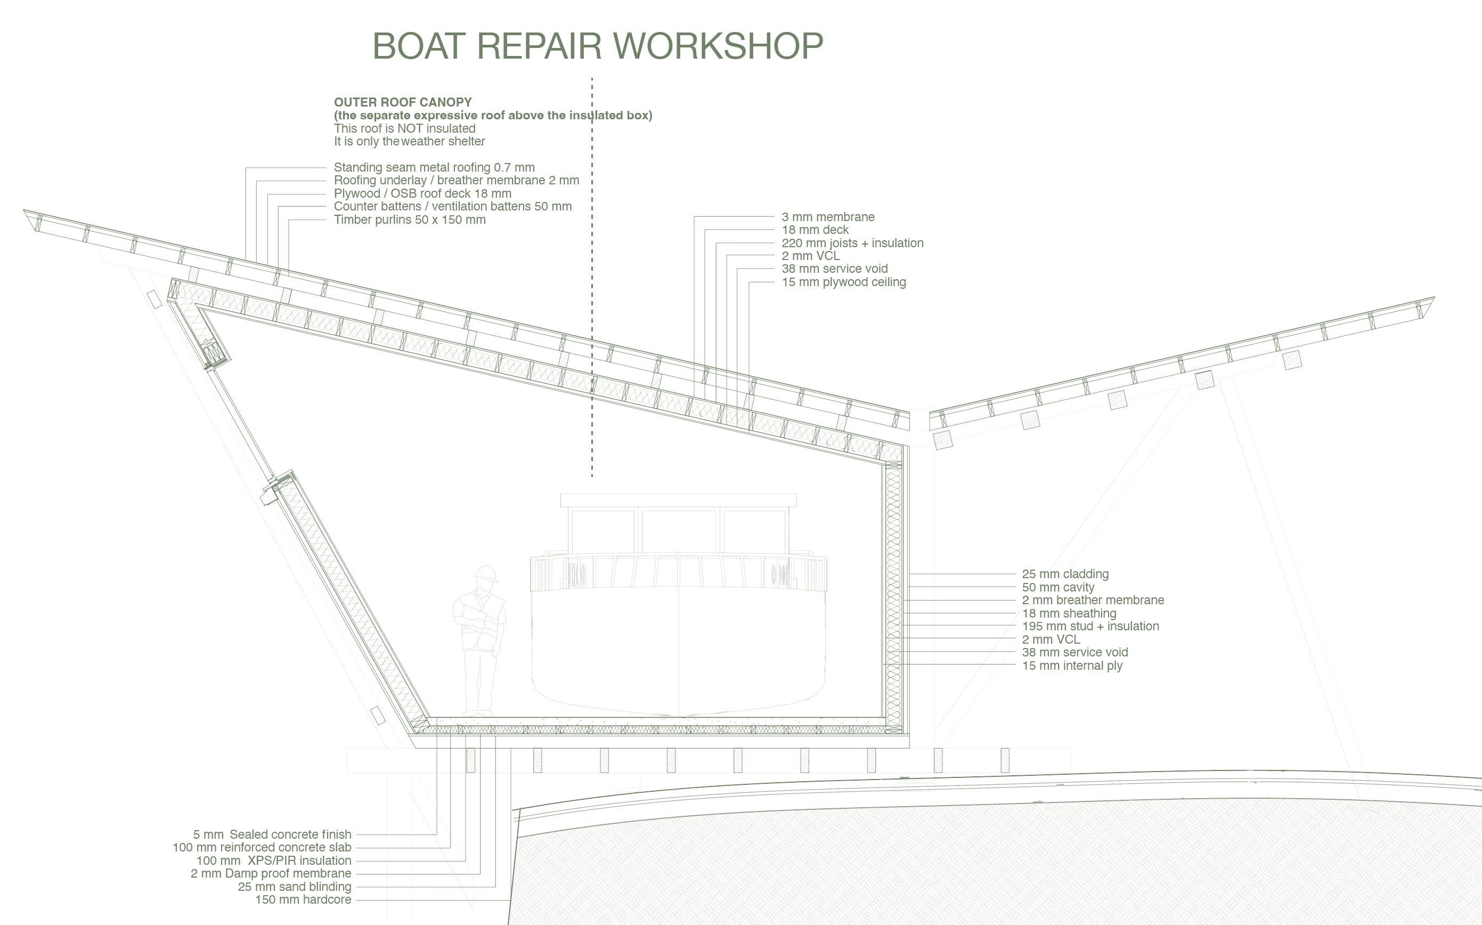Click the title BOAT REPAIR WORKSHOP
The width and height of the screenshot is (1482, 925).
point(598,46)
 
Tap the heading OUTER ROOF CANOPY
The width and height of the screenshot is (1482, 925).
point(402,102)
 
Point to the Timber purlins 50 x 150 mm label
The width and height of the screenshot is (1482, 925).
point(410,220)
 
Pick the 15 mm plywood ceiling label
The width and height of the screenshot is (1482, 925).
point(844,282)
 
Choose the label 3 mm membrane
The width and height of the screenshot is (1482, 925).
point(828,216)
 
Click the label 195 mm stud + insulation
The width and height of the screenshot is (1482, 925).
point(1090,626)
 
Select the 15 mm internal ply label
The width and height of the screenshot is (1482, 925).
point(1072,666)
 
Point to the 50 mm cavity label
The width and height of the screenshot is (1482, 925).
point(1058,587)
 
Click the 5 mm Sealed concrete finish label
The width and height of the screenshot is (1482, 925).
point(272,834)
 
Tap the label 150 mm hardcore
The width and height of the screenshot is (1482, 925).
point(303,900)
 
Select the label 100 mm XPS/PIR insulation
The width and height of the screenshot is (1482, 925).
point(274,860)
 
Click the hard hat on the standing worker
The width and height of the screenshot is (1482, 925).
point(487,574)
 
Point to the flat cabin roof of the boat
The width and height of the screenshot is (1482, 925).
point(678,500)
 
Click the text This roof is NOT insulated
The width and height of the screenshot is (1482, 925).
point(405,128)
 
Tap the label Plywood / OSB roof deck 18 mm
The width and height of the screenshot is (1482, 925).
point(422,193)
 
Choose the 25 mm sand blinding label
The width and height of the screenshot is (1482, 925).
point(295,887)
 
